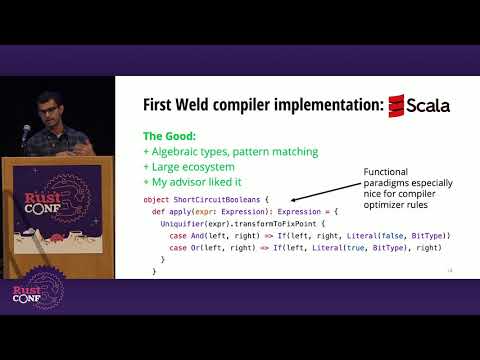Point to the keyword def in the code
click(158, 213)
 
